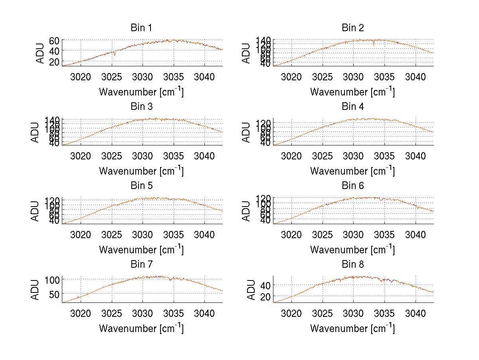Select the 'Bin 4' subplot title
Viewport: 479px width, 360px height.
pyautogui.click(x=353, y=107)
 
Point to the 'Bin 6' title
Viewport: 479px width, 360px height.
pyautogui.click(x=353, y=186)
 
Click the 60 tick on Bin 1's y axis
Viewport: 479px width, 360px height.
pyautogui.click(x=54, y=40)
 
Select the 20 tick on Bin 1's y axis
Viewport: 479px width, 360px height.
pyautogui.click(x=54, y=62)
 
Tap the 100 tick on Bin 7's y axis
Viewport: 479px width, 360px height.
pyautogui.click(x=52, y=280)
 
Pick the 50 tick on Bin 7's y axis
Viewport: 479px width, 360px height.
pyautogui.click(x=54, y=294)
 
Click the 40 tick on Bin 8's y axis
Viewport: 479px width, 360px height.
pyautogui.click(x=265, y=285)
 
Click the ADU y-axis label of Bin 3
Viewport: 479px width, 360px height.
pyautogui.click(x=35, y=132)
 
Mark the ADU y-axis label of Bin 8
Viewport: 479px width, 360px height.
pyautogui.click(x=251, y=290)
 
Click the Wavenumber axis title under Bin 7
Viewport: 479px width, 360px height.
pyautogui.click(x=141, y=328)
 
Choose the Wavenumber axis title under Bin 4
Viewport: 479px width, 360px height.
pyautogui.click(x=352, y=171)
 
